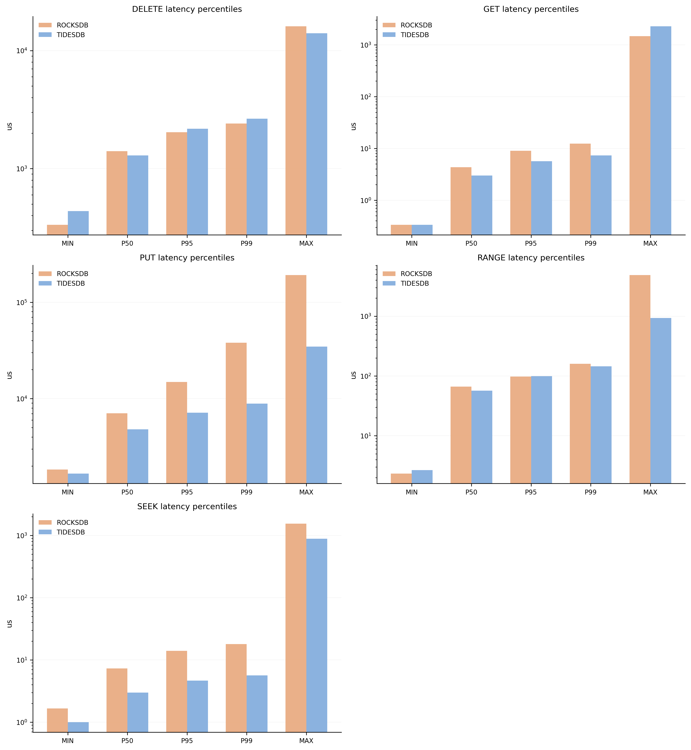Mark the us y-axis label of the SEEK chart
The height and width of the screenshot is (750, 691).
(10, 624)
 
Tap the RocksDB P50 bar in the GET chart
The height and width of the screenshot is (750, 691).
(461, 201)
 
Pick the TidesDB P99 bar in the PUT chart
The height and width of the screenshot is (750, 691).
(257, 443)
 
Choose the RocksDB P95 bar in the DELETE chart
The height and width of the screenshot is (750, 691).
(176, 183)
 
